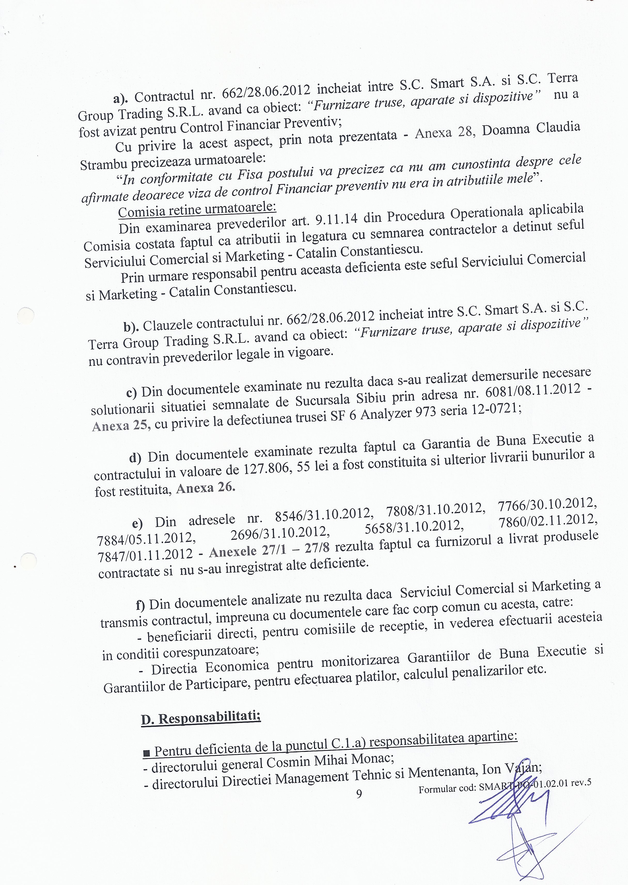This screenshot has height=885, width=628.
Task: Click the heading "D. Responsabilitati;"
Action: pyautogui.click(x=200, y=718)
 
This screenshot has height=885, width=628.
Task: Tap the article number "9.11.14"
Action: pyautogui.click(x=336, y=219)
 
